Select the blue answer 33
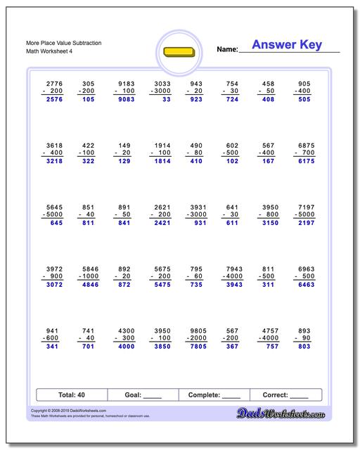pos(165,100)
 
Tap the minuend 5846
pos(87,269)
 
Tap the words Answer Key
pos(287,45)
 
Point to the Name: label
pos(227,49)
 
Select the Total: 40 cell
pos(71,395)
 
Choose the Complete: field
pos(214,395)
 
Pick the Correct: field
pos(286,395)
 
